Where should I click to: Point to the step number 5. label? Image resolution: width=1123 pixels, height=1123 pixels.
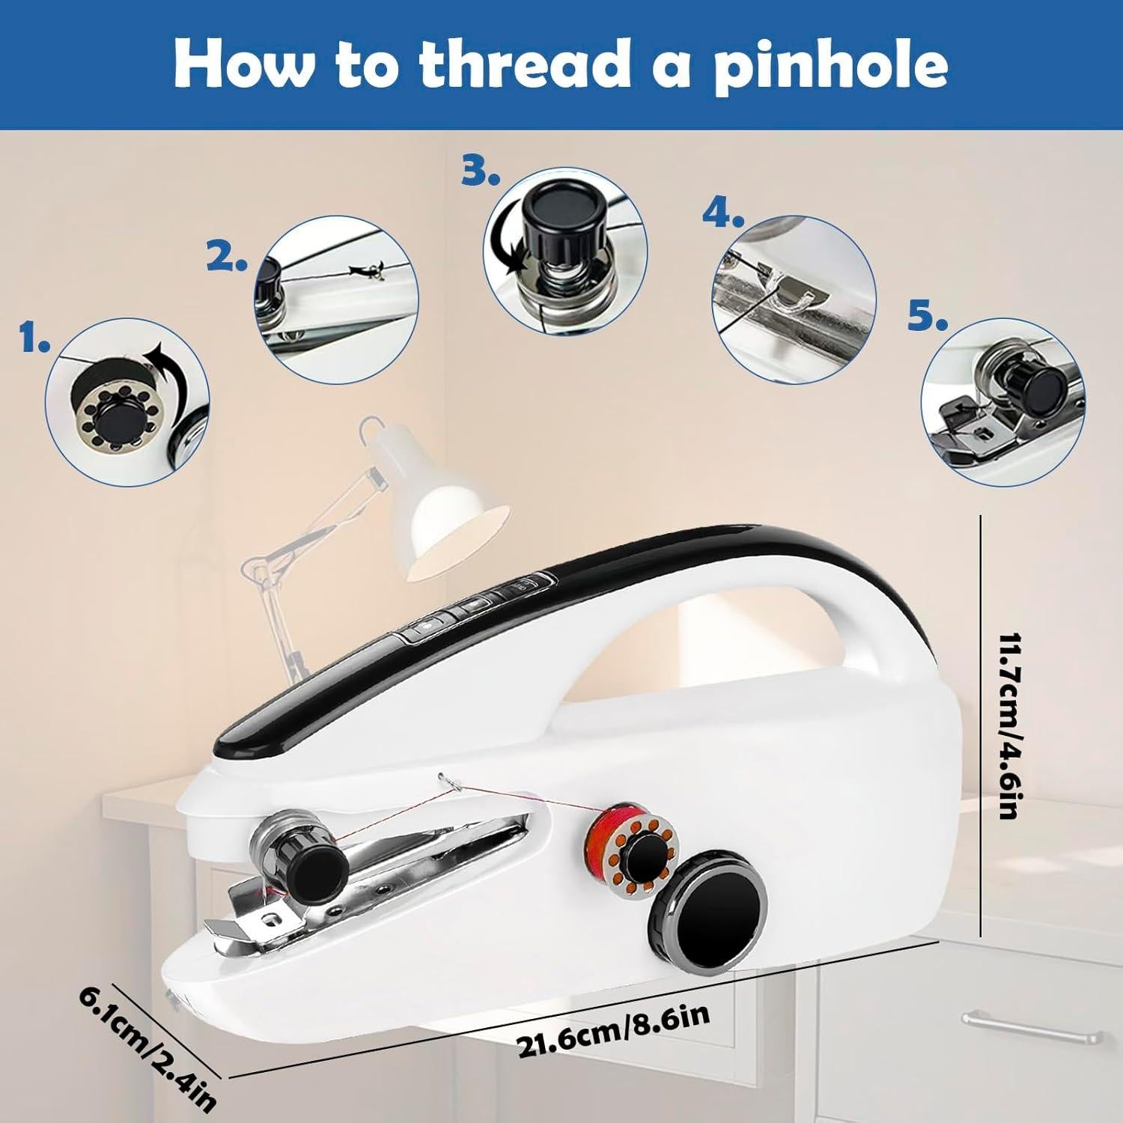coord(928,318)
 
